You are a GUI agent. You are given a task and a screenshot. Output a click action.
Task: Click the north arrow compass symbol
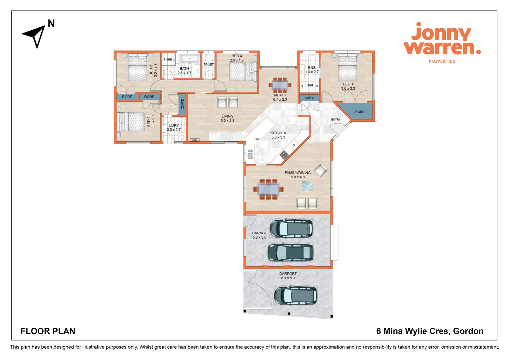coord(35,35)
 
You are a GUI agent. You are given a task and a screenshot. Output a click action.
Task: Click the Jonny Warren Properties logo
coord(442,42)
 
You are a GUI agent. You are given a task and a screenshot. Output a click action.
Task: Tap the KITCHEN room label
coord(278,133)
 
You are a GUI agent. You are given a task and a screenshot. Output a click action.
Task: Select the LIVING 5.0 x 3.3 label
coord(228,118)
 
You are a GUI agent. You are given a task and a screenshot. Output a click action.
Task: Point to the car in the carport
coord(295,295)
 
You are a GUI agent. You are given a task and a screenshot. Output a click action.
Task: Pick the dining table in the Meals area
coord(280,84)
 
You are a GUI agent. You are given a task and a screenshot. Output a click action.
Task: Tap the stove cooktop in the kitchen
coord(284,155)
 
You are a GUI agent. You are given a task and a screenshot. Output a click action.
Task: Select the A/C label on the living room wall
coord(195,140)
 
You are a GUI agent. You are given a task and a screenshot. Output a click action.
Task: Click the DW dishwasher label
coord(257,139)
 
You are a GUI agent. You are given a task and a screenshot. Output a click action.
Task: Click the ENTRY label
coord(336,120)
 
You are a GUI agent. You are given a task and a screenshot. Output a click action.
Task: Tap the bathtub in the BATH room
coord(190,59)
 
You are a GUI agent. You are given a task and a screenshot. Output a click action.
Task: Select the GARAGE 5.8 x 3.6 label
coord(259,235)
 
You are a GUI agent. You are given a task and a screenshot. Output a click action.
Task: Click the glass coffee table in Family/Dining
coord(307,186)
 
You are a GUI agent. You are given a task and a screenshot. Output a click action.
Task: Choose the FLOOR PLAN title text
coord(48,331)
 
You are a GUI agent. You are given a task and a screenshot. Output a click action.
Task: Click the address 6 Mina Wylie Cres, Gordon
coord(430,331)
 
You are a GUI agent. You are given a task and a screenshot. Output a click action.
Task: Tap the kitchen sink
coord(251,154)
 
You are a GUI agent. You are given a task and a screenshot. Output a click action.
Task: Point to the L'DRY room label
coord(174,128)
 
